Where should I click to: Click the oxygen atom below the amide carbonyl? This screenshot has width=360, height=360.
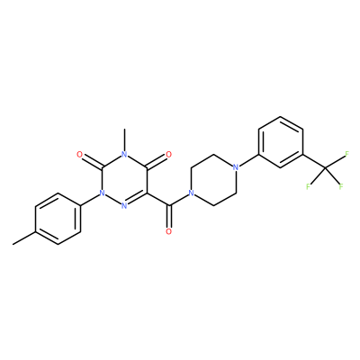coord(168,231)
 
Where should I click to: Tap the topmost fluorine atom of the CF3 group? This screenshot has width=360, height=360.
coord(347,154)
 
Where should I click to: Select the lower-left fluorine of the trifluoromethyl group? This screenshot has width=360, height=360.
coord(308,186)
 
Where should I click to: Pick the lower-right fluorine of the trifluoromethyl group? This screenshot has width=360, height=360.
coord(341,186)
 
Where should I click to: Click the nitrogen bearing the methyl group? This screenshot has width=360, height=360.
coord(124,154)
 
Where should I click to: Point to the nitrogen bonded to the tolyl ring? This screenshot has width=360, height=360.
coord(102,193)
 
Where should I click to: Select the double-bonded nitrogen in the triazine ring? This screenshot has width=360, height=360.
coord(124,206)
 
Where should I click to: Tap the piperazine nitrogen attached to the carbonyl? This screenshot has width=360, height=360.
coord(191,193)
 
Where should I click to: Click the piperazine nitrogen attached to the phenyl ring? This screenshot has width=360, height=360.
coord(236,167)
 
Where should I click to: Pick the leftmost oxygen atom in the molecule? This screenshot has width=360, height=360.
coord(79,155)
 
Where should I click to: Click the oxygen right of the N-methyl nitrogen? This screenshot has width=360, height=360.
coord(168,155)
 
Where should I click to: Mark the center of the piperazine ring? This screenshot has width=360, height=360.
coord(213,180)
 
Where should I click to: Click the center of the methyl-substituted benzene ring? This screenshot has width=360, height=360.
coord(58,219)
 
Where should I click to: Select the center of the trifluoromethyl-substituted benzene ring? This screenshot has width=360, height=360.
coord(281,142)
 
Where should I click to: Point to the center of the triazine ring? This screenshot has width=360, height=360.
coord(124,180)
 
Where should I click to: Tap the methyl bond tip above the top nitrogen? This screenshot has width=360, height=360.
coord(124,129)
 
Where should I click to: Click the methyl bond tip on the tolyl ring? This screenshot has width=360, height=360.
coord(13,245)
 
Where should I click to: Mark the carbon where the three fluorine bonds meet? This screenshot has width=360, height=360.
coord(326,167)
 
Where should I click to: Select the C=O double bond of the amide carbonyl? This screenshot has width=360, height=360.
coord(168,217)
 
